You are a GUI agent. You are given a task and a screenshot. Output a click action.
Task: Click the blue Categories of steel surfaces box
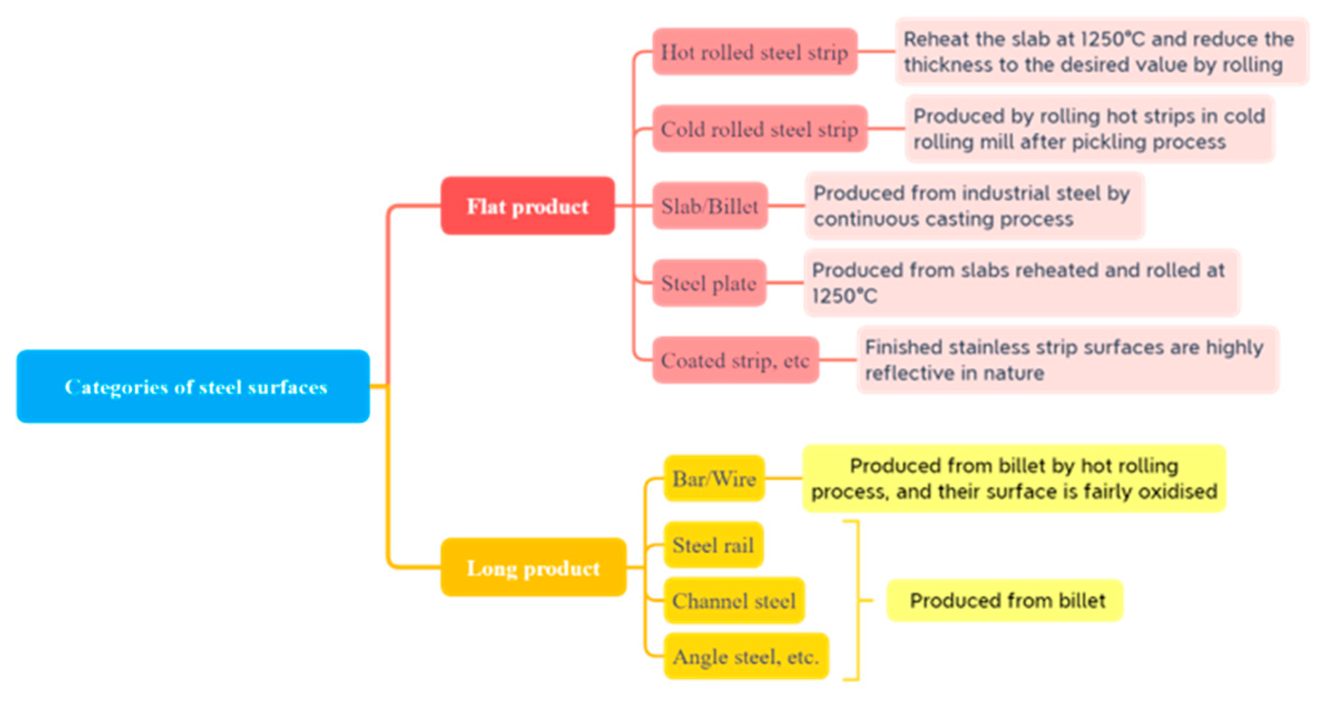(193, 387)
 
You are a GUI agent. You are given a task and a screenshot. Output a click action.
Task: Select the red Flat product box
(527, 206)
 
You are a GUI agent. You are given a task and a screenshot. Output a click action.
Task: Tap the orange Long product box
(533, 567)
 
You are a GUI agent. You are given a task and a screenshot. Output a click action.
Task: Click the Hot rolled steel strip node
(754, 52)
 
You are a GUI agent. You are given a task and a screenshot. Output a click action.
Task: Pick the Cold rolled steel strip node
(759, 129)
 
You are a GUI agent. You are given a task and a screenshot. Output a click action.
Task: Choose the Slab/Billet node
(710, 206)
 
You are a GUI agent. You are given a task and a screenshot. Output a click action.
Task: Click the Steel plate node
(709, 283)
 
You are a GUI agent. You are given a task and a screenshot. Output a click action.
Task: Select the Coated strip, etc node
(735, 360)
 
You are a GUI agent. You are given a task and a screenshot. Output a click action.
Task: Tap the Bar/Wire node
(714, 478)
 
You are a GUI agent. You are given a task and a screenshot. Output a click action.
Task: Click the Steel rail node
(713, 545)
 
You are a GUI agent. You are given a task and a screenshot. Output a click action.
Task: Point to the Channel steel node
(734, 601)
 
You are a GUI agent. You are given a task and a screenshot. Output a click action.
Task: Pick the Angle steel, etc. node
(746, 656)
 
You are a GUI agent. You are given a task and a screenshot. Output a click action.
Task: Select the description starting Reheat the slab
(1099, 52)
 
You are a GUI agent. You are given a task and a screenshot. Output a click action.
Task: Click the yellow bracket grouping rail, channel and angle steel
(858, 600)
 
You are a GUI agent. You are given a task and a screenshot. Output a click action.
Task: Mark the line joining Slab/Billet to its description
(786, 206)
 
